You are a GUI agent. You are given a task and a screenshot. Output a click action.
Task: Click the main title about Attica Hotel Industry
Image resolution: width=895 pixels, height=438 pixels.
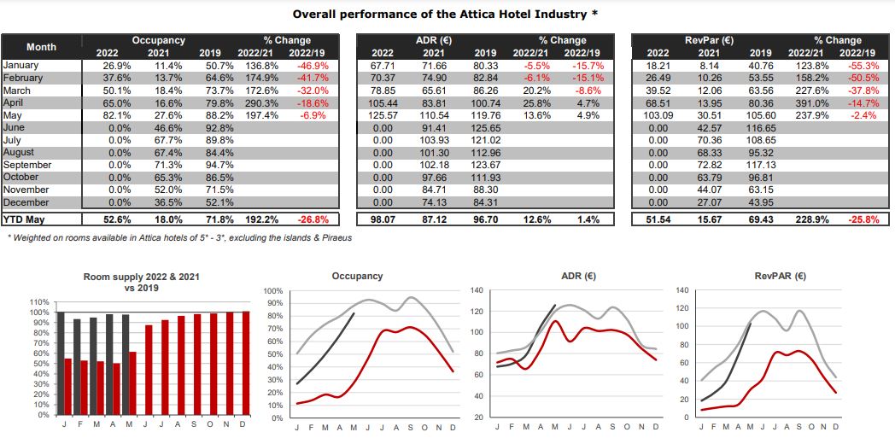(x=446, y=14)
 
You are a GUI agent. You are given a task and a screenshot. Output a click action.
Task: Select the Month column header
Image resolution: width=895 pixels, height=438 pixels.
(x=41, y=47)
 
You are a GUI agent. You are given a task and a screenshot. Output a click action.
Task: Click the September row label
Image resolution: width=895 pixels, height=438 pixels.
(x=27, y=165)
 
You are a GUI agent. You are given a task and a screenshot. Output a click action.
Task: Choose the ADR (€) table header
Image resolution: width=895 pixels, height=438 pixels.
(x=434, y=40)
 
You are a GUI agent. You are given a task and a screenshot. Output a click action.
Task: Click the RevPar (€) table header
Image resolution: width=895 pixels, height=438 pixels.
(x=709, y=40)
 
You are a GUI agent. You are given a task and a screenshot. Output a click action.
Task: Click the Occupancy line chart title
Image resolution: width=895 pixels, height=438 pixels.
(x=357, y=277)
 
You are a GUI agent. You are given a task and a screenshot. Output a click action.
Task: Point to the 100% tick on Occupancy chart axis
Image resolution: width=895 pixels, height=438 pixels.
(x=272, y=291)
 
